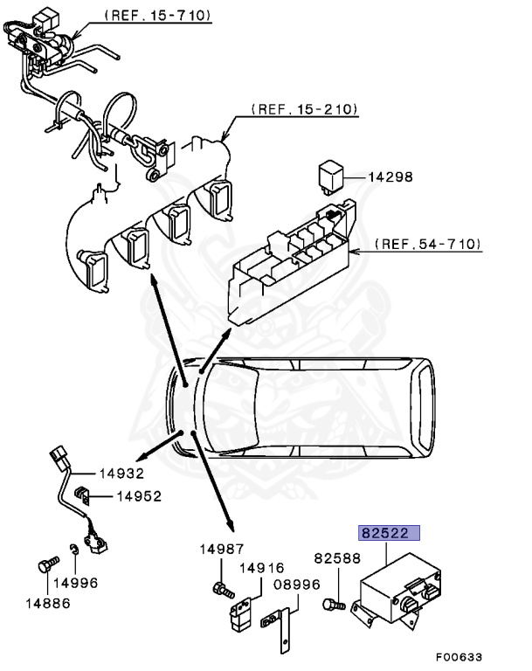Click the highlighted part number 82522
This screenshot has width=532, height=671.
387,532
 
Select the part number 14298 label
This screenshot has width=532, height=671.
389,177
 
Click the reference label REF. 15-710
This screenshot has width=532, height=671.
157,16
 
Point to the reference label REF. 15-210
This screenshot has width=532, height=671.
304,110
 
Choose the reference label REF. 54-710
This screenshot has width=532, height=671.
427,244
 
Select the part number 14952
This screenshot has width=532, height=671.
138,495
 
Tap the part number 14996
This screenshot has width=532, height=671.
76,583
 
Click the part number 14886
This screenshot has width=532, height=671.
47,601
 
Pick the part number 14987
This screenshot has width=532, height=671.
221,548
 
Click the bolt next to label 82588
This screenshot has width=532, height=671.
332,604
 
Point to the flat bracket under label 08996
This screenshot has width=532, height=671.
280,630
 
